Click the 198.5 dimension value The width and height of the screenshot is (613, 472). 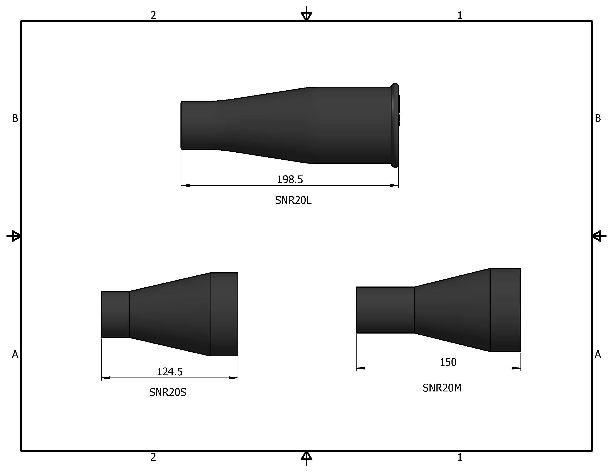point(290,179)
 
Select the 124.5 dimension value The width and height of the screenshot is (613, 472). point(170,372)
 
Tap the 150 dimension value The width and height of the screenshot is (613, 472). point(448,362)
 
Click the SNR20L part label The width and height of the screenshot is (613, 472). point(293,200)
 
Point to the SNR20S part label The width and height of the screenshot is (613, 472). point(168,392)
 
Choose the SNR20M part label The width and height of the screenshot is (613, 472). point(442,388)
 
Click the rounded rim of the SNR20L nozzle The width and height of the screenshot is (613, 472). point(395,125)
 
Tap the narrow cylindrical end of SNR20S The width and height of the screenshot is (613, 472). point(115,314)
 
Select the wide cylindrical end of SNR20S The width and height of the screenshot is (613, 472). point(224,314)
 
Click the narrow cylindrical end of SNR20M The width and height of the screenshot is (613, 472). point(385,310)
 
